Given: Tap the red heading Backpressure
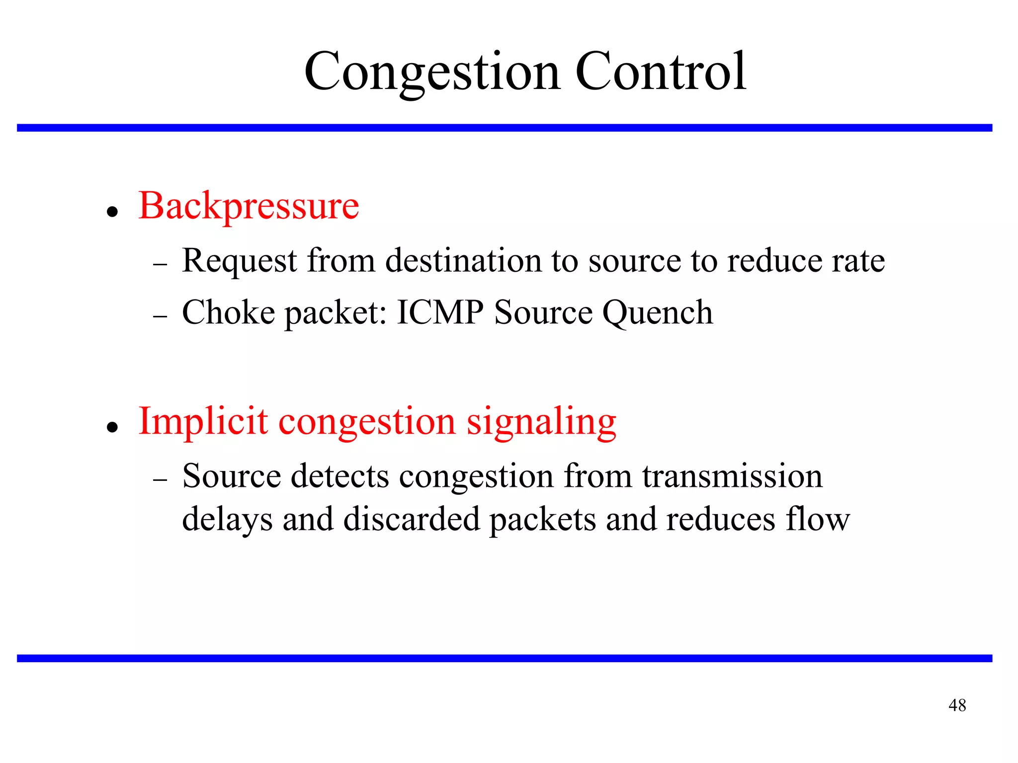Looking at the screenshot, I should point(249,206).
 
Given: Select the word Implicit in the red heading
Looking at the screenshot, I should point(203,421).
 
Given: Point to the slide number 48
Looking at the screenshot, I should point(957,705).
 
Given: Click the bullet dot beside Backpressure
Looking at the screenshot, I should point(113,212).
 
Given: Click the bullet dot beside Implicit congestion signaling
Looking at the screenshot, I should point(113,427).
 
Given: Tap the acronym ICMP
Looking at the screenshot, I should point(440,312).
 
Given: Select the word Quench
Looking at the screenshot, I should point(658,313).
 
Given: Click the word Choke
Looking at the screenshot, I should point(228,312).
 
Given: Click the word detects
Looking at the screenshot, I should point(339,476).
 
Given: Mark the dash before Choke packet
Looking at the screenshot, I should point(160,316).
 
